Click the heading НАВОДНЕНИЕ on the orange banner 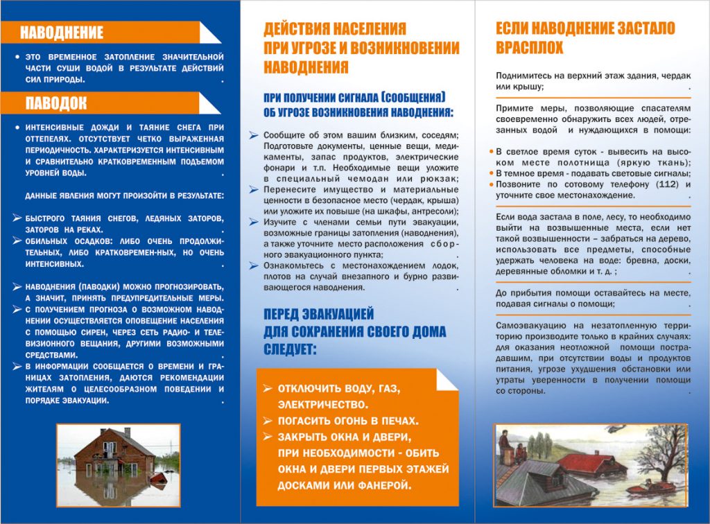[62, 33]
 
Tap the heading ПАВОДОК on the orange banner [57, 103]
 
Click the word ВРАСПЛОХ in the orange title [530, 49]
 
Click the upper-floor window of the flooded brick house [109, 448]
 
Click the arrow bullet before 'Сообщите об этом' [255, 135]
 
